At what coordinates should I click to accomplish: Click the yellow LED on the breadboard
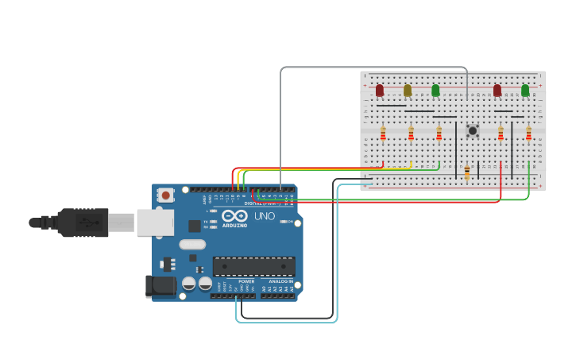coord(408,91)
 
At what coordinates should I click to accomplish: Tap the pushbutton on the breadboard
coord(473,130)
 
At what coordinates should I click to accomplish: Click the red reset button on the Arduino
coord(165,195)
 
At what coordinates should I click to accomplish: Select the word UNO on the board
coord(265,216)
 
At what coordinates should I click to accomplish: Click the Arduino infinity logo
coord(234,215)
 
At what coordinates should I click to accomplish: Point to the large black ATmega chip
coord(253,266)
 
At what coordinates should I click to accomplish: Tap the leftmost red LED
coord(380,91)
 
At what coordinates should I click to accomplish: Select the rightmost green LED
coord(525,91)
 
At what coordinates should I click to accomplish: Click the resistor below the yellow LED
coord(411,134)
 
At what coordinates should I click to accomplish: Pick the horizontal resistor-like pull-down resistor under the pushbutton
coord(467,172)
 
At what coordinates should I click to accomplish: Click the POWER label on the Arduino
coord(246,281)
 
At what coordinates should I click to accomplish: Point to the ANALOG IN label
coord(280,281)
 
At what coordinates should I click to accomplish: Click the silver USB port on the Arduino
coord(155,223)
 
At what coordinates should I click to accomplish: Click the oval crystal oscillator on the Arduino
coord(192,245)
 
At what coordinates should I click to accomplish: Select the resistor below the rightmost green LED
coord(528,134)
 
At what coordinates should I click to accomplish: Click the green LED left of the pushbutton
coord(435,91)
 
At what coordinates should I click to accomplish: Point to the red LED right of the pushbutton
coord(497,91)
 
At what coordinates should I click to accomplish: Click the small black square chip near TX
coord(194,226)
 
